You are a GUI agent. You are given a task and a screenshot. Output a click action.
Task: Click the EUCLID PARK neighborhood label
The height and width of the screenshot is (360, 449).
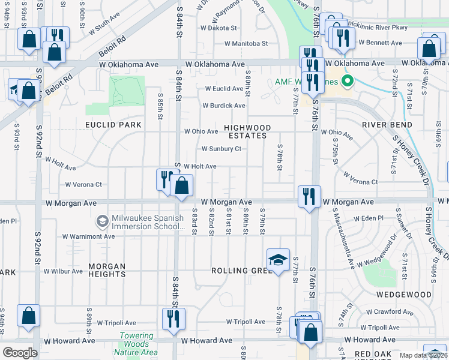113,125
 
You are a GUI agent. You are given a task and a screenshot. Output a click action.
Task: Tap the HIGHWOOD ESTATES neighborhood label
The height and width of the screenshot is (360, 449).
247,131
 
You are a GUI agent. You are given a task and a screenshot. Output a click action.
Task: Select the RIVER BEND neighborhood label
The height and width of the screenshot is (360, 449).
387,125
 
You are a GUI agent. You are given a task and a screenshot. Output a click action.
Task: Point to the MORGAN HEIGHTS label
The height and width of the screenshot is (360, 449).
98,270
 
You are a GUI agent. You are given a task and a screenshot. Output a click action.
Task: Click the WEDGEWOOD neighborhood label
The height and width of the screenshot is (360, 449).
404,295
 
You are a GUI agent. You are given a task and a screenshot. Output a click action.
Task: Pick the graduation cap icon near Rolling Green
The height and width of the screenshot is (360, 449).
278,260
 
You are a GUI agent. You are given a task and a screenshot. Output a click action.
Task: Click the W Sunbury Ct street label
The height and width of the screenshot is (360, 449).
221,149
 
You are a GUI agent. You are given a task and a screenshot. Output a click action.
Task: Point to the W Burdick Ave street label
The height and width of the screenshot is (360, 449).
224,106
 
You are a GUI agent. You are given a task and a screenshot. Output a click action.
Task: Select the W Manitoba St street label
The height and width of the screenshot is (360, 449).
246,44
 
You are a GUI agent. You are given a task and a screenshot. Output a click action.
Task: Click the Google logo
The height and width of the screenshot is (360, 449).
20,352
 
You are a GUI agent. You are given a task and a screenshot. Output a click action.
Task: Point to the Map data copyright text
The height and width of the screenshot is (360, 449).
424,355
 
